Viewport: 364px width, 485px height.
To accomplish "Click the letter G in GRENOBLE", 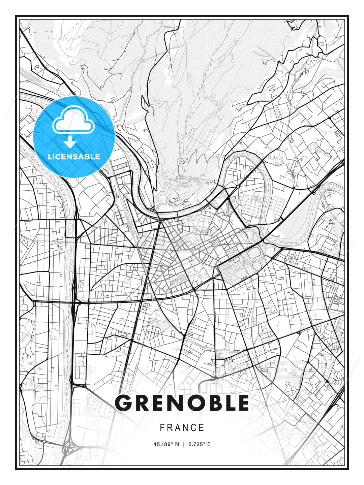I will [123, 403].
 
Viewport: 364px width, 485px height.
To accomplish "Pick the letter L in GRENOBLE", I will [228, 403].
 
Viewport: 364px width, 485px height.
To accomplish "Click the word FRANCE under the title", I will [182, 428].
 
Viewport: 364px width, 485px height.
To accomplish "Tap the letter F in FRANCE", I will [162, 428].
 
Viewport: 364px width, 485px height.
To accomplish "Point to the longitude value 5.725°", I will [196, 444].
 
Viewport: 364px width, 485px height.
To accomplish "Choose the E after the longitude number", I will [209, 444].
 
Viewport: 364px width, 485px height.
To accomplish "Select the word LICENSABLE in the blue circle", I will [74, 157].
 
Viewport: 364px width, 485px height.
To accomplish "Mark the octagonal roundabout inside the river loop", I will [238, 186].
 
